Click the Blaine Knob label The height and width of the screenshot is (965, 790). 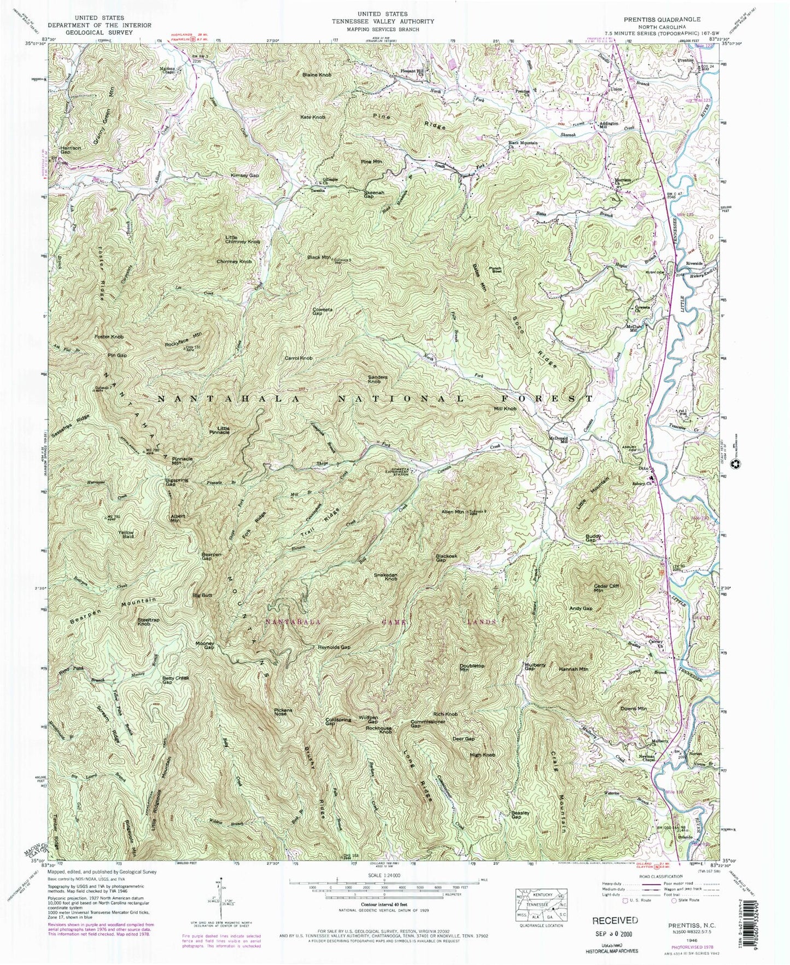pos(317,74)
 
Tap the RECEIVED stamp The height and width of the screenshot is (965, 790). pos(615,920)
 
